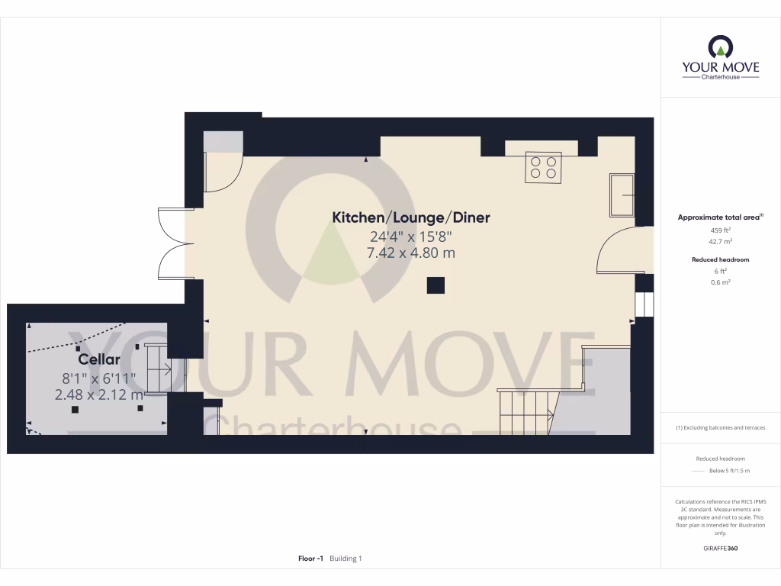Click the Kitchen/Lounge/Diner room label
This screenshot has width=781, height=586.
pos(410,217)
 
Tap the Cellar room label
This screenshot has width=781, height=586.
pos(99,359)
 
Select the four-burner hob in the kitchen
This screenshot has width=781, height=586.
pos(543,167)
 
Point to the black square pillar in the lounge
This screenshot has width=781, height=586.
pos(435,285)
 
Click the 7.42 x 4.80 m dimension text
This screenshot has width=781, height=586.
pos(410,253)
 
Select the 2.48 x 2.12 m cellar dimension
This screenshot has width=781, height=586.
pos(98,394)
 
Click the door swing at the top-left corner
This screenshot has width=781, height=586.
pos(223,173)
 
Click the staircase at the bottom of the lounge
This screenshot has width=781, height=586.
pos(526,412)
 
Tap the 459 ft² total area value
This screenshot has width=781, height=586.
pos(721,230)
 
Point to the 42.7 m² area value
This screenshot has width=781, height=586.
pos(721,242)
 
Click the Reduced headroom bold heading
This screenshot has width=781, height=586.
pos(720,259)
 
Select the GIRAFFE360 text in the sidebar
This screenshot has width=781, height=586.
pos(721,549)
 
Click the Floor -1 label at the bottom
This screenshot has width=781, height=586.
pos(310,559)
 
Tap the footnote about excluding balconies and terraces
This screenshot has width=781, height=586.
pos(720,427)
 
